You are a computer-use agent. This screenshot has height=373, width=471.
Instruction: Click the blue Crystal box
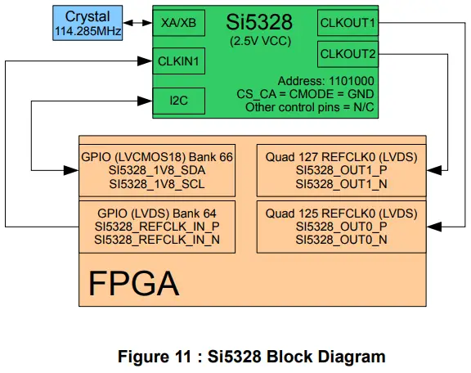(87, 22)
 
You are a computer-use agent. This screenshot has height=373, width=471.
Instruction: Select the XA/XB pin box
(179, 22)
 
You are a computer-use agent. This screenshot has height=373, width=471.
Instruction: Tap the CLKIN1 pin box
(179, 61)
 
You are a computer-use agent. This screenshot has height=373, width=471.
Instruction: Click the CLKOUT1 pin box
(348, 22)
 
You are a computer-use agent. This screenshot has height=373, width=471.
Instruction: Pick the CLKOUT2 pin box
(348, 54)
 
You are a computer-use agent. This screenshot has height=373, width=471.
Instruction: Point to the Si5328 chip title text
(260, 21)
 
